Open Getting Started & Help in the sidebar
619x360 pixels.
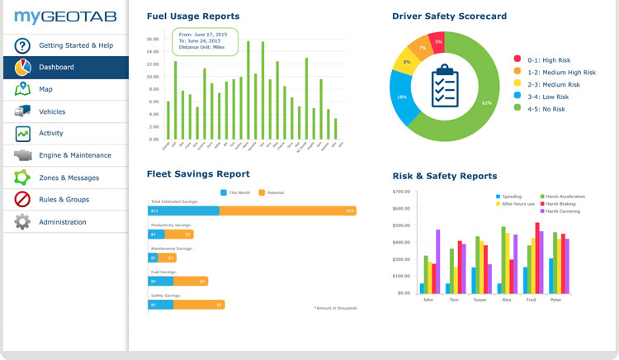(75, 45)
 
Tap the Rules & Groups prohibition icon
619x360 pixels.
(22, 199)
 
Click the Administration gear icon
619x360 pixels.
(22, 221)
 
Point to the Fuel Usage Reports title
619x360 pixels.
(193, 16)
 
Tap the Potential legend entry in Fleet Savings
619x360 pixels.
(272, 192)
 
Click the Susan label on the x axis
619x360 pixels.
(480, 300)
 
